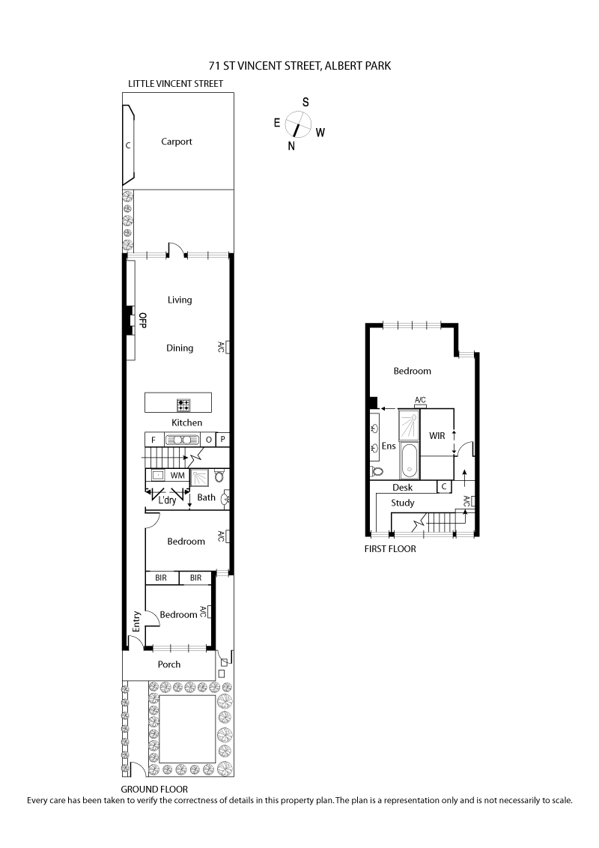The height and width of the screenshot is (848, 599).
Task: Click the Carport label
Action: (177, 142)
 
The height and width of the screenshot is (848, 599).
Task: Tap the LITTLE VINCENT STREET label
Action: (175, 84)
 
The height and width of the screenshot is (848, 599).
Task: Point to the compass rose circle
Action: (297, 123)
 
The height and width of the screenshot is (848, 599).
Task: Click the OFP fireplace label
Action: (142, 321)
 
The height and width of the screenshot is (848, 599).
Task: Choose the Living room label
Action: (180, 300)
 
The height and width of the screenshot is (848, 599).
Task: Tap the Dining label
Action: (180, 348)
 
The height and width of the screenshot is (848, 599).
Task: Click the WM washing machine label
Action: (177, 476)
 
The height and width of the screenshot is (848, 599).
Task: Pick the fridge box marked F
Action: (153, 440)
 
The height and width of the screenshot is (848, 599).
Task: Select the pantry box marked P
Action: (222, 440)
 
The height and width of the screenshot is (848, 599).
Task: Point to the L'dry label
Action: (167, 500)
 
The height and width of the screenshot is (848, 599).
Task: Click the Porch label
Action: (169, 664)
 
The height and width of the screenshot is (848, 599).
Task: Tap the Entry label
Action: (136, 623)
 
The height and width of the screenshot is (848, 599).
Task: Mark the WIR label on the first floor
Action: (437, 435)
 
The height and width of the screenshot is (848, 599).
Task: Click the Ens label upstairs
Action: (389, 446)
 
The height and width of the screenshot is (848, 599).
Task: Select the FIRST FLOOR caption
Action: (389, 548)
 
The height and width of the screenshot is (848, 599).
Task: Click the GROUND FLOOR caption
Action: (154, 789)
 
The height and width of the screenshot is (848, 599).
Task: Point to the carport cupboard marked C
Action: (128, 144)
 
